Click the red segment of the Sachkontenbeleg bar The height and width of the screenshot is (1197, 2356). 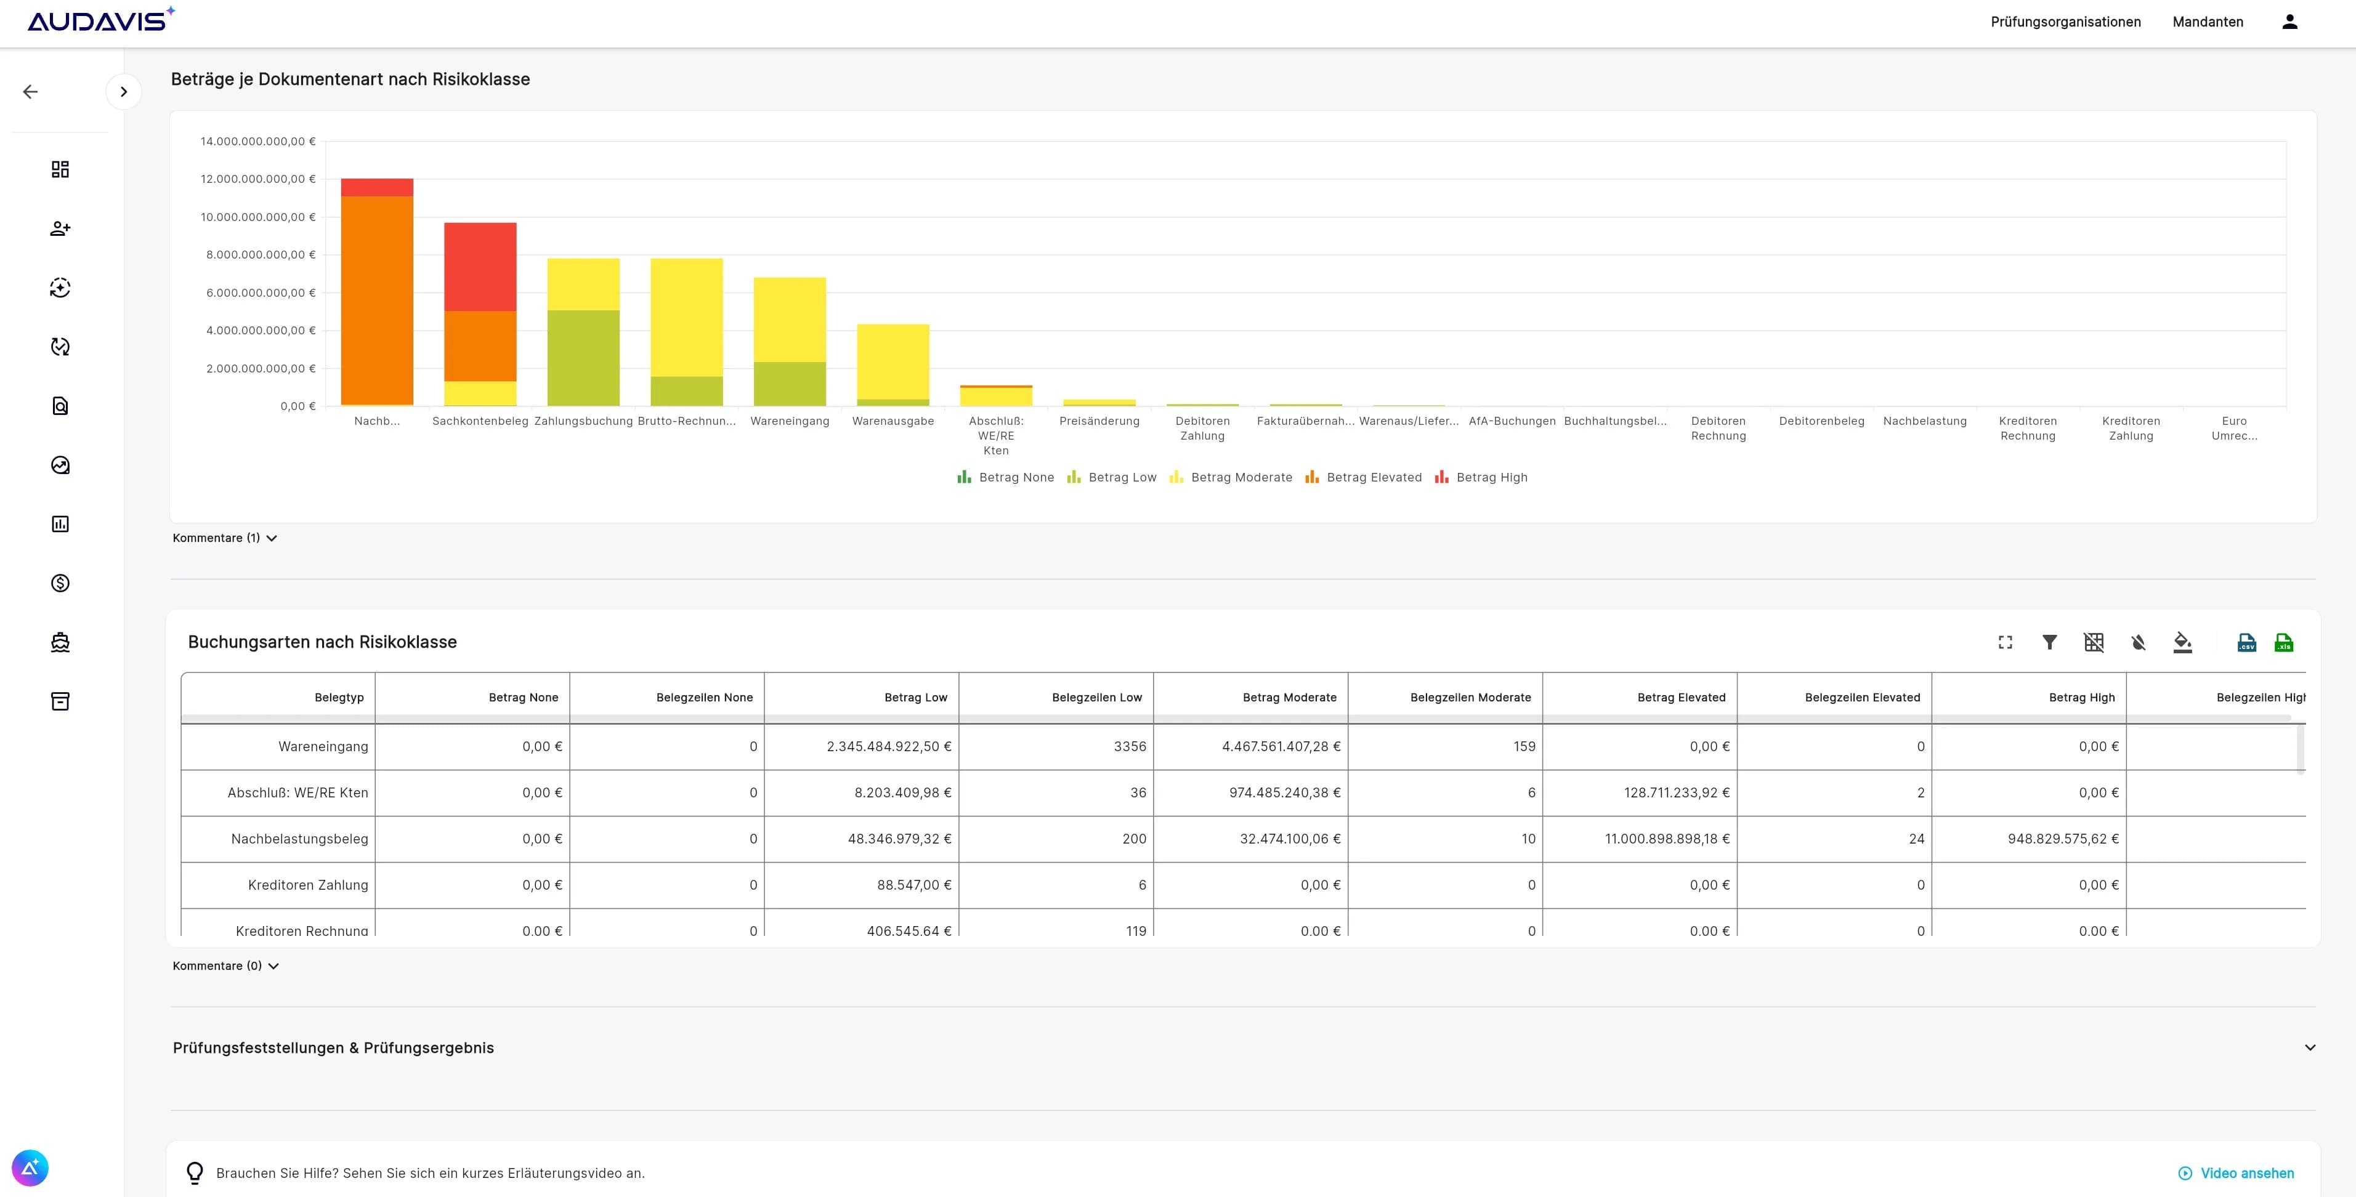point(480,266)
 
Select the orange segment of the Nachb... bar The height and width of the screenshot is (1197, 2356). point(377,300)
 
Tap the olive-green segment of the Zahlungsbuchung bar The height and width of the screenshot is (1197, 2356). point(583,358)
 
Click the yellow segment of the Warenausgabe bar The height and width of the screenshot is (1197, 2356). point(893,361)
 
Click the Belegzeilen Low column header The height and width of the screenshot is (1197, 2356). point(1096,697)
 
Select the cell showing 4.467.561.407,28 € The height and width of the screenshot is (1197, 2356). point(1281,746)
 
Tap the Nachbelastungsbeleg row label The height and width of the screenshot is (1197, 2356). point(299,839)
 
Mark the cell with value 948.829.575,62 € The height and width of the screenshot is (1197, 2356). point(2062,839)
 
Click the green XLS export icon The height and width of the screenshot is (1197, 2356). point(2284,643)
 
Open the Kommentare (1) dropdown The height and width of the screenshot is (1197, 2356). point(224,538)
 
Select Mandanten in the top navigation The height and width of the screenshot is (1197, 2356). point(2207,22)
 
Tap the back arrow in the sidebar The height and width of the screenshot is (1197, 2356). point(30,92)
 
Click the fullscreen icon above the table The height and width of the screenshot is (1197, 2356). point(2005,643)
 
